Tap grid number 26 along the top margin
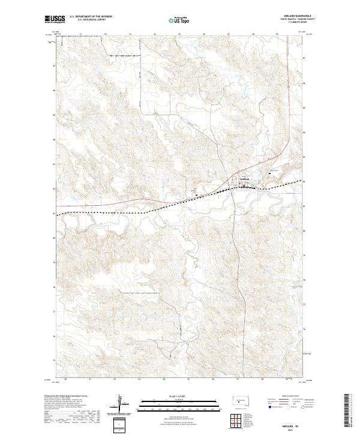click(203, 34)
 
